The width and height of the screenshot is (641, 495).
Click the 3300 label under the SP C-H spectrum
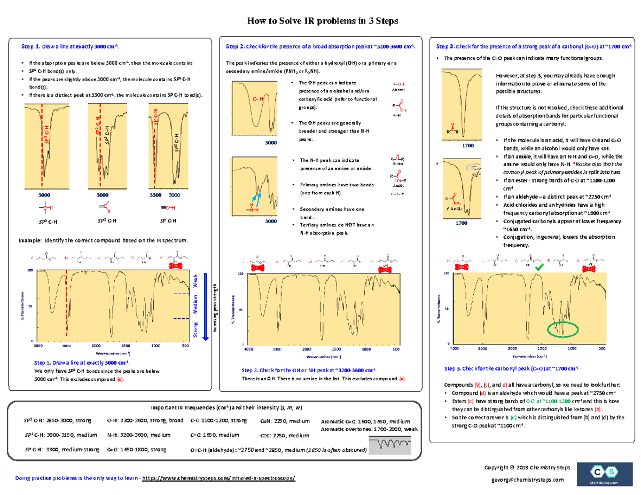154,195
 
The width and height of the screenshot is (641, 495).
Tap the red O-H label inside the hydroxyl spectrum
257,99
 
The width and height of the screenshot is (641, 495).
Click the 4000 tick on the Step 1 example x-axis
38,346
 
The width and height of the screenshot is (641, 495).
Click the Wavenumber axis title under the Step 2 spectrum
320,356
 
